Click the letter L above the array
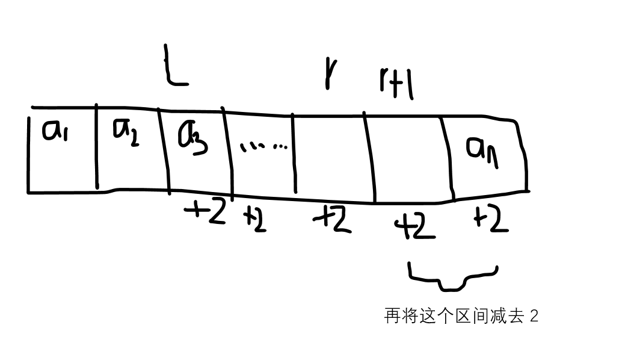click(x=174, y=67)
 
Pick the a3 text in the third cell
click(x=192, y=140)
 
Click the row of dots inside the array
click(x=263, y=146)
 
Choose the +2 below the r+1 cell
click(x=414, y=228)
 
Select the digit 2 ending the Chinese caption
click(x=534, y=316)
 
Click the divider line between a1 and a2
click(x=97, y=147)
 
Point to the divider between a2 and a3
click(x=164, y=151)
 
